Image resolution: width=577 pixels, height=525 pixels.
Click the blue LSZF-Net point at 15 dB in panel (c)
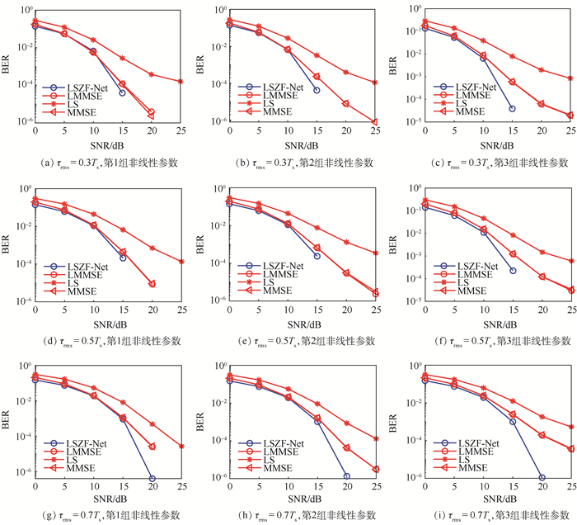click(x=512, y=108)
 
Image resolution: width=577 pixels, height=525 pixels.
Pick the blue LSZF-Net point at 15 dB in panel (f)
click(x=512, y=270)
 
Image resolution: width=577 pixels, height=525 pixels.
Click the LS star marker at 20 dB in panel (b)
click(x=346, y=72)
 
